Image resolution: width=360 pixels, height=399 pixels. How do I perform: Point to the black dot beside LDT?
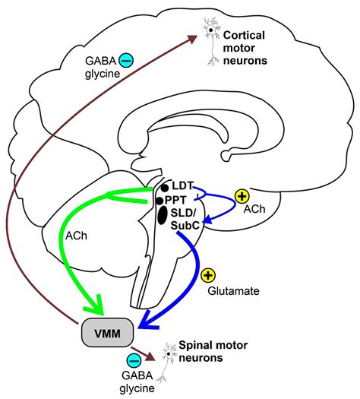pyautogui.click(x=163, y=188)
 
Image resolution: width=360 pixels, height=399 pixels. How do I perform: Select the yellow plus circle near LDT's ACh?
pyautogui.click(x=242, y=196)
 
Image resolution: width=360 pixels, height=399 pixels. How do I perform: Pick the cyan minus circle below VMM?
pyautogui.click(x=133, y=360)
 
